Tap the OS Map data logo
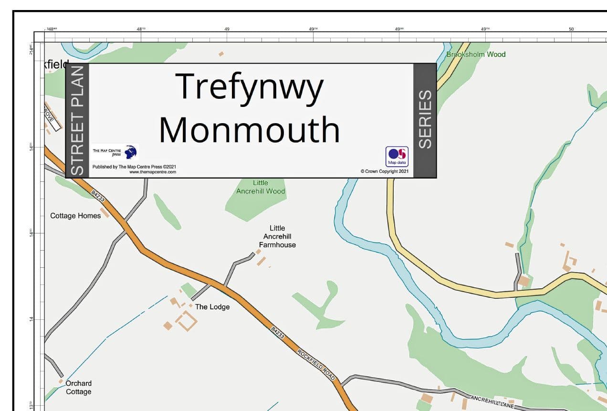(397, 156)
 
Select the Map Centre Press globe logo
(130, 152)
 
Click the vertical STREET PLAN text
(77, 120)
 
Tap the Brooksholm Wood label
(476, 54)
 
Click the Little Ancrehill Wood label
(261, 187)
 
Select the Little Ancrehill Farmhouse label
(277, 237)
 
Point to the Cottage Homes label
(75, 216)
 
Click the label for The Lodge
(212, 307)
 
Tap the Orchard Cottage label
(78, 388)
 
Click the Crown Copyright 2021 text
(385, 171)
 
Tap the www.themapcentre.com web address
(153, 172)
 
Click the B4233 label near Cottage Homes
(98, 196)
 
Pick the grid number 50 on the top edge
(571, 29)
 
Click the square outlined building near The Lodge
(186, 320)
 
